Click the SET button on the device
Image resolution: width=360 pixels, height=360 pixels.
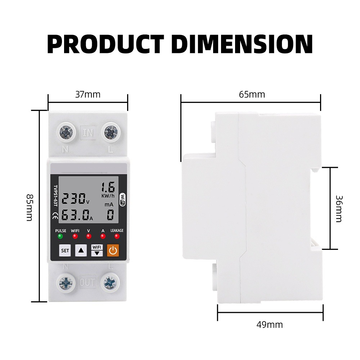[x=65, y=250]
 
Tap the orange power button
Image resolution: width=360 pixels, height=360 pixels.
[x=113, y=250]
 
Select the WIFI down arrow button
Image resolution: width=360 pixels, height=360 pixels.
[x=97, y=250]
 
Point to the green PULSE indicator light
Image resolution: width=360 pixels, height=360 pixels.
[x=60, y=236]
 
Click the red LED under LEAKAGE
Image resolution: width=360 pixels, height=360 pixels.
[x=117, y=236]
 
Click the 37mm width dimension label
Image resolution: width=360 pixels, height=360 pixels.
[x=88, y=95]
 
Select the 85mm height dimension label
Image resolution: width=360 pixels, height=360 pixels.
[x=30, y=208]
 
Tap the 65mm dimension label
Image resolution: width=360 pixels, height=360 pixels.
[x=252, y=95]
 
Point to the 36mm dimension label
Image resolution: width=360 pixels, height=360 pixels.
[x=339, y=209]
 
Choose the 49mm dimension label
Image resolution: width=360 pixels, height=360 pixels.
[x=270, y=325]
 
